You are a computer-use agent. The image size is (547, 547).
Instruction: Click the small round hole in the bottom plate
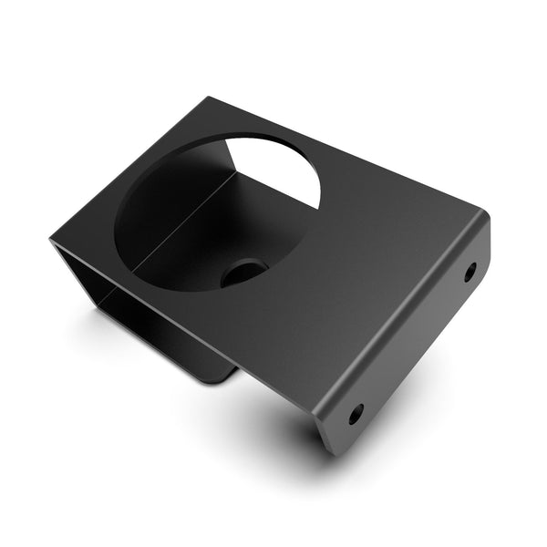tap(243, 271)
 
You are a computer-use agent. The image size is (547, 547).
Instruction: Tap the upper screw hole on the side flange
tap(470, 271)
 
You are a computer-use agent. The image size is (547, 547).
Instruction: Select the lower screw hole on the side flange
tap(356, 413)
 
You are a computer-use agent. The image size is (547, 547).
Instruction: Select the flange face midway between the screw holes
tap(415, 342)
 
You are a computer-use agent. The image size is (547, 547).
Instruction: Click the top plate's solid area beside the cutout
tap(365, 246)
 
